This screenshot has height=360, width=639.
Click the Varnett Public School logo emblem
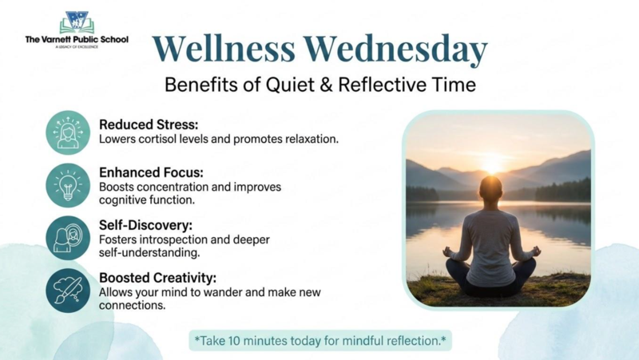point(77,22)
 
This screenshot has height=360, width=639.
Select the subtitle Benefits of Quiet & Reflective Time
point(319,85)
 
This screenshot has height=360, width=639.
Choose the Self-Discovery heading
point(145,225)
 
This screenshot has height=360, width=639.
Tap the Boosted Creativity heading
point(157,278)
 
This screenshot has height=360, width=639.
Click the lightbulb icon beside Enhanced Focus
point(68,185)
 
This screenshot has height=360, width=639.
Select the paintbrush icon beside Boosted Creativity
point(68,290)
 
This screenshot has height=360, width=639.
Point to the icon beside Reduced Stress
point(68,132)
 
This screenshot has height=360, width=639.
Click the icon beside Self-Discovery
point(68,237)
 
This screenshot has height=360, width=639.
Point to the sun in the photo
point(491,164)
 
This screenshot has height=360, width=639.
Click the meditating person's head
point(491,189)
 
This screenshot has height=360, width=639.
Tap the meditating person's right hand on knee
point(535,251)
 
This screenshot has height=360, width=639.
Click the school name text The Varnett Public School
point(77,39)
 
